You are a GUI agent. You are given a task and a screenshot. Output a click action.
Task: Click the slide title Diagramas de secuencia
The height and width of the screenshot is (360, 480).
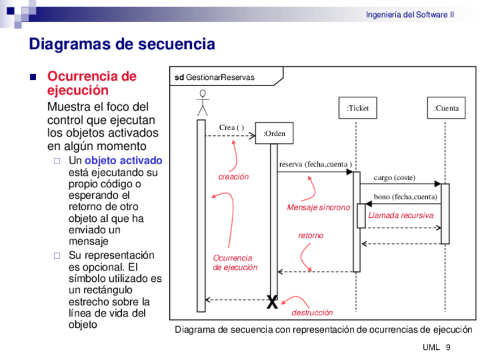[x=122, y=44]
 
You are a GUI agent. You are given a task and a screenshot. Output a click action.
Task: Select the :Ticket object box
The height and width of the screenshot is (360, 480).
[x=357, y=108]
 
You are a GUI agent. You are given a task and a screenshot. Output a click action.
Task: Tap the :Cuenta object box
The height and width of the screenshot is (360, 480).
[x=446, y=108]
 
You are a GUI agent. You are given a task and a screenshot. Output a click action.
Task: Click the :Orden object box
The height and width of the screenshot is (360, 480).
[x=274, y=134]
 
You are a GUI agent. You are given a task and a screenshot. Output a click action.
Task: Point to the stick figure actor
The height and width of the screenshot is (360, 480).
[x=202, y=102]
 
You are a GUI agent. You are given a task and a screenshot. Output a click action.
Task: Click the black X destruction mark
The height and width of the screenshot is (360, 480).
[x=272, y=303]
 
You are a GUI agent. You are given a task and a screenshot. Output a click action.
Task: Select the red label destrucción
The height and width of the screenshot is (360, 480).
[x=312, y=312]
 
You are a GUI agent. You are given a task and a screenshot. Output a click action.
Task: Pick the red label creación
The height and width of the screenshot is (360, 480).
[x=233, y=177]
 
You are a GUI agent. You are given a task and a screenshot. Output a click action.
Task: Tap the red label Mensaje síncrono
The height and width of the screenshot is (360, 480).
[x=318, y=207]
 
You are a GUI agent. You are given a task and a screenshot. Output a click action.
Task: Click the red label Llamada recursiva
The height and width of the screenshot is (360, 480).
[x=401, y=216]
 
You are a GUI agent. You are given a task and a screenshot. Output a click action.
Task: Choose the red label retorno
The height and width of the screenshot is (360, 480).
[x=311, y=235]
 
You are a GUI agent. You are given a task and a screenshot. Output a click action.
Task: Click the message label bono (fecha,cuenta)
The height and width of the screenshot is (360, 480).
[x=405, y=197]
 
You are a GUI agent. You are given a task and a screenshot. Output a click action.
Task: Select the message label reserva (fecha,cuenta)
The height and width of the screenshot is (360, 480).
[x=315, y=164]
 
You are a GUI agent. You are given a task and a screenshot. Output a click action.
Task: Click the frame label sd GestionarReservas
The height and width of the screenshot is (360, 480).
[x=215, y=78]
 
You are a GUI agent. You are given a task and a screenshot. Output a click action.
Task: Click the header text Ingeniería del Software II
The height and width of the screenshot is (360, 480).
[x=410, y=15]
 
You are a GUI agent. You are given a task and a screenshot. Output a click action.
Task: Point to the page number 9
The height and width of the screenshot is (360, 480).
[x=448, y=347]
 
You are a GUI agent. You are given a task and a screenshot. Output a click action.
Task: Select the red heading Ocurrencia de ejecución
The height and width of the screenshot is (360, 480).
[x=91, y=83]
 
